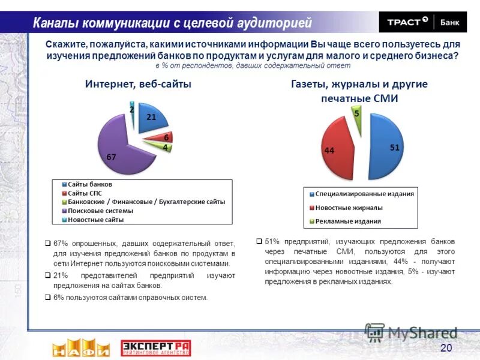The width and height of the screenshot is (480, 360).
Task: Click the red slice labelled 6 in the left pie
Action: click(x=163, y=137)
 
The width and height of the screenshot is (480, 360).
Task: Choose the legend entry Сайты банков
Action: click(x=90, y=184)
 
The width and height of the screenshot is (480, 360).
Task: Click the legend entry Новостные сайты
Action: click(x=95, y=220)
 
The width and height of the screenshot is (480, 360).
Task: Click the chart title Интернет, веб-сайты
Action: click(x=137, y=85)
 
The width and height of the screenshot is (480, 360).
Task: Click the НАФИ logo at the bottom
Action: click(x=80, y=347)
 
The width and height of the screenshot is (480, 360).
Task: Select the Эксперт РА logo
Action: click(x=155, y=347)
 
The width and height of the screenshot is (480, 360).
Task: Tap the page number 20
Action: click(x=446, y=348)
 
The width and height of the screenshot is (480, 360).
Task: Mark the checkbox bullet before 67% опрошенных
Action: click(x=47, y=244)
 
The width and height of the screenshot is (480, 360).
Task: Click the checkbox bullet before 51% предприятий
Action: click(x=259, y=241)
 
